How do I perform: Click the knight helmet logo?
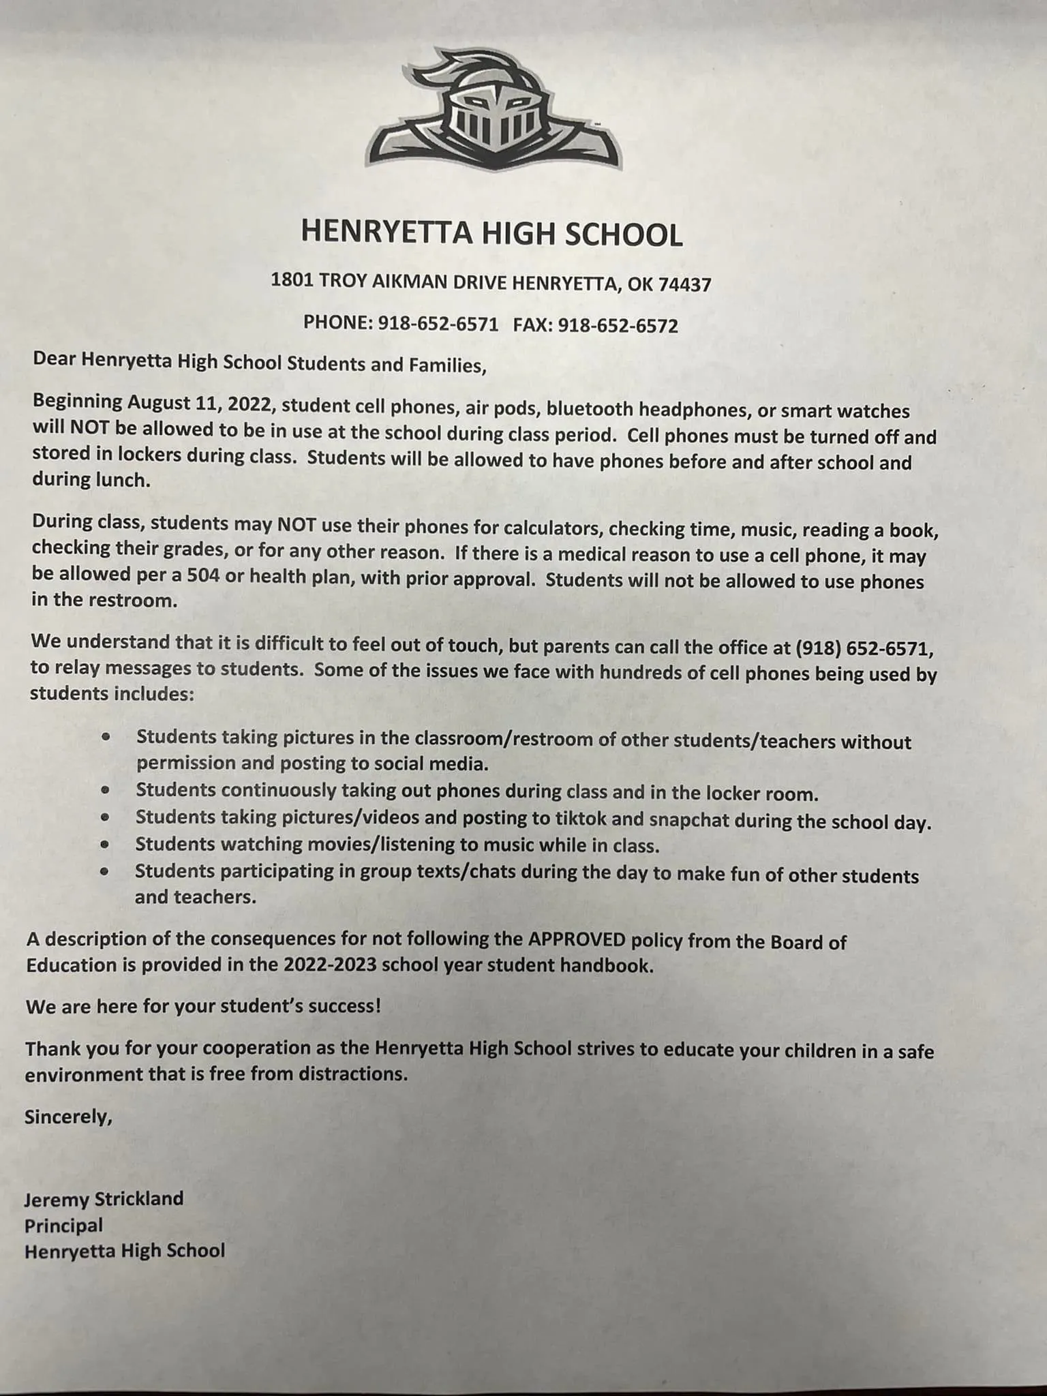pyautogui.click(x=493, y=110)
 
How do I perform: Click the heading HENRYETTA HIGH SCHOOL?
pyautogui.click(x=491, y=234)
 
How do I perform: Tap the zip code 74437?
pyautogui.click(x=684, y=284)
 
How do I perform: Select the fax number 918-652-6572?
pyautogui.click(x=618, y=326)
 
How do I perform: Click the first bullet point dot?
pyautogui.click(x=106, y=738)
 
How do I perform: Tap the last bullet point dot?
pyautogui.click(x=104, y=870)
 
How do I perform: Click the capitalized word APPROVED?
pyautogui.click(x=576, y=940)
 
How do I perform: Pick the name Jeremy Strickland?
pyautogui.click(x=104, y=1198)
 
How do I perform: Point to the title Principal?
pyautogui.click(x=63, y=1225)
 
